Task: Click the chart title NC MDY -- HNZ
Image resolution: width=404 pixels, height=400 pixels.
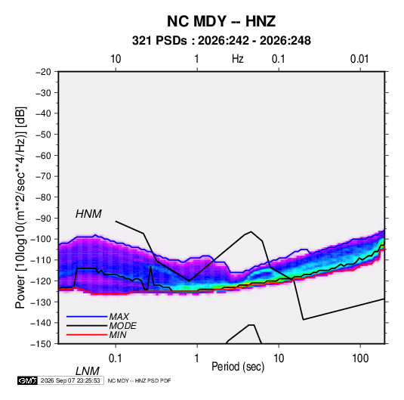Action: click(221, 21)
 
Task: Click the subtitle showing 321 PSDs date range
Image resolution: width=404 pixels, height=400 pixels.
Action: click(221, 41)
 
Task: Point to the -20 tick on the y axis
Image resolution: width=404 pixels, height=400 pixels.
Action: click(43, 72)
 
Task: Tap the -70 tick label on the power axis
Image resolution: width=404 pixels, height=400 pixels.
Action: click(43, 176)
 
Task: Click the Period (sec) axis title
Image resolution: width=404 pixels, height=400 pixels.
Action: click(238, 367)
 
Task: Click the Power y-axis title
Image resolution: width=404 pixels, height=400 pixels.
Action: click(20, 208)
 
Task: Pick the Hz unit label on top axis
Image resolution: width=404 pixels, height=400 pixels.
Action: click(238, 59)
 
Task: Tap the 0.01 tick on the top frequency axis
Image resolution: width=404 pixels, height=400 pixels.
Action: click(359, 59)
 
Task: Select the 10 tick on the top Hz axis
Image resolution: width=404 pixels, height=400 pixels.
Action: click(116, 59)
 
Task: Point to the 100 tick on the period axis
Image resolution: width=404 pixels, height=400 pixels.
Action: click(360, 358)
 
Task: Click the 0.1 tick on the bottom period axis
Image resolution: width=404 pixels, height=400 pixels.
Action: click(115, 358)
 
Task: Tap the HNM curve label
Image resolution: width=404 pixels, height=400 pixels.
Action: click(88, 214)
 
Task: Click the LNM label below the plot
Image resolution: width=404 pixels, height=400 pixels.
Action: click(88, 371)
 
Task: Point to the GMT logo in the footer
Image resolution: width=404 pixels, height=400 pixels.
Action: click(27, 380)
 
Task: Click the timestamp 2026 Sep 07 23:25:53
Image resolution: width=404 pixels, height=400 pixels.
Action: click(70, 380)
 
